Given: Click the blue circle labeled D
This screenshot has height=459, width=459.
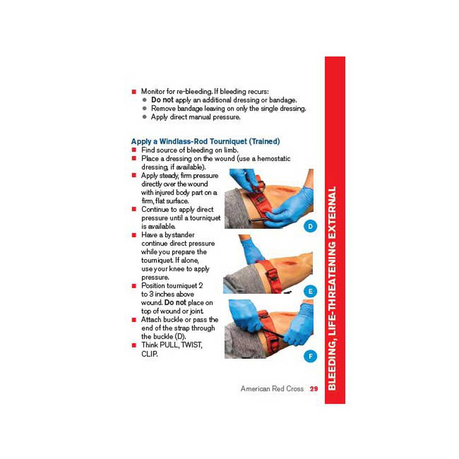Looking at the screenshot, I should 310,226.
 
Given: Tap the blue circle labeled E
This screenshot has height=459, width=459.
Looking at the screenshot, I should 310,291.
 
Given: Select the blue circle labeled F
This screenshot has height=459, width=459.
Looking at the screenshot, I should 310,356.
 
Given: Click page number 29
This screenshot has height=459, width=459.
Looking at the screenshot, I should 314,389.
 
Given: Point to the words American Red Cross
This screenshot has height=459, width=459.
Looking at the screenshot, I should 272,389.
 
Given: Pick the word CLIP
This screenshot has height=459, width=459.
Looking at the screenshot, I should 150,353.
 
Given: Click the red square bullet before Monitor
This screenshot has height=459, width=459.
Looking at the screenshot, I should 134,91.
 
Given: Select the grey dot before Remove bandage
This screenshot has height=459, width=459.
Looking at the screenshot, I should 144,109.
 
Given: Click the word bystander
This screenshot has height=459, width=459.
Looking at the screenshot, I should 178,235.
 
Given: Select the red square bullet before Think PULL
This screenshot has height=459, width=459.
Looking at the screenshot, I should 134,345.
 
